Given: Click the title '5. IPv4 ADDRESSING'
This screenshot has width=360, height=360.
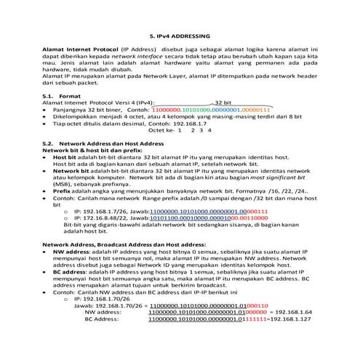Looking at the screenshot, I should coord(180,34).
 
